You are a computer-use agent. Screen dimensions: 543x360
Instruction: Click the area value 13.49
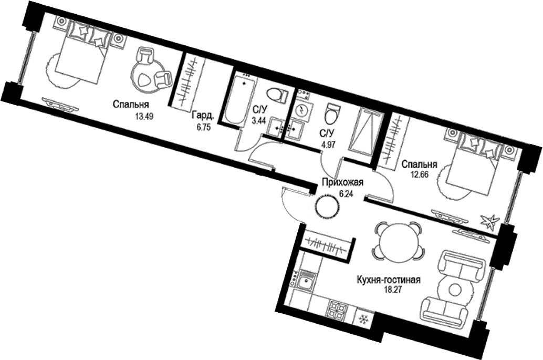pyautogui.click(x=144, y=116)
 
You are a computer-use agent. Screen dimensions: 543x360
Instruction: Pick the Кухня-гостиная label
pyautogui.click(x=388, y=280)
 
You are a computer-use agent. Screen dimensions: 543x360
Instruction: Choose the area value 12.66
pyautogui.click(x=420, y=174)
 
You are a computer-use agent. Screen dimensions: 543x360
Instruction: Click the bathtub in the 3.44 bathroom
pyautogui.click(x=241, y=99)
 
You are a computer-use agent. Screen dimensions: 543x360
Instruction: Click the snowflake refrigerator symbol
pyautogui.click(x=363, y=319)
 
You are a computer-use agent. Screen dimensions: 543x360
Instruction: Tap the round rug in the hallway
pyautogui.click(x=327, y=206)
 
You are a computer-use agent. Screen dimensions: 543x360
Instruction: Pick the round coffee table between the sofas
pyautogui.click(x=454, y=289)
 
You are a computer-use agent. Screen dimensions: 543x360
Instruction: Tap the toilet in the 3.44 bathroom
pyautogui.click(x=277, y=95)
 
